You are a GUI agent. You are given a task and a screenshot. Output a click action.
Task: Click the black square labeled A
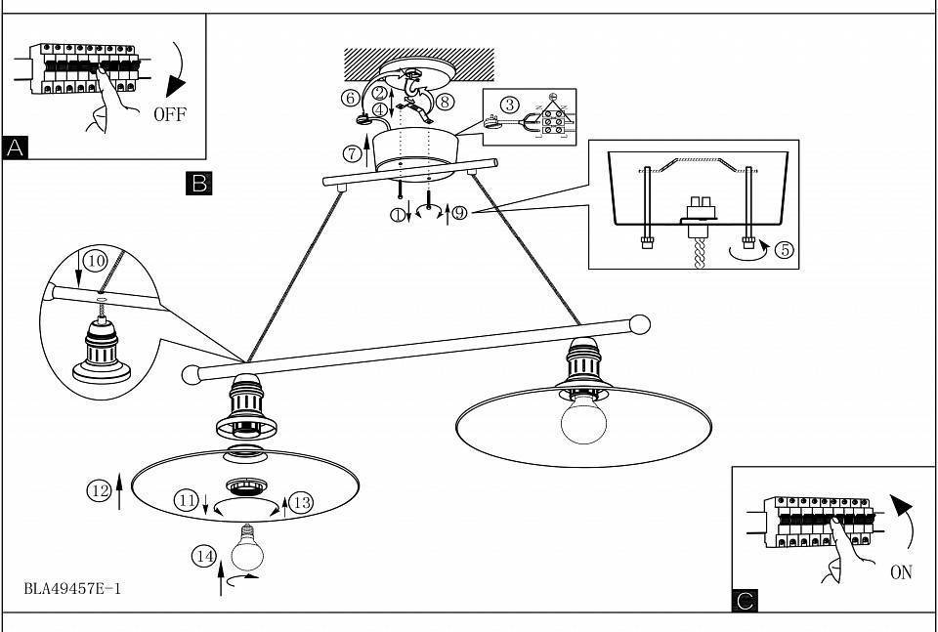15,147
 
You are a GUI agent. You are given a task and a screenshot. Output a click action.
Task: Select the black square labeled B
199,184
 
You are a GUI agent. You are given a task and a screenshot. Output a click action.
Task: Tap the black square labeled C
745,601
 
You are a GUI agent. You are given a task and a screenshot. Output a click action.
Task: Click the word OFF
170,114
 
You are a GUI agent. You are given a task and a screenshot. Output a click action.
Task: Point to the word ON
902,572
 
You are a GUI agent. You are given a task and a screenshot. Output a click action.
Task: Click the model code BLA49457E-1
72,588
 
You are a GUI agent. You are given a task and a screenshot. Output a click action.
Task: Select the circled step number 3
509,105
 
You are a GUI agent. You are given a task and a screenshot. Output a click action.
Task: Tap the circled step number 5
785,249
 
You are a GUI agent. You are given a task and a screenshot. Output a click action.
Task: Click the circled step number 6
351,98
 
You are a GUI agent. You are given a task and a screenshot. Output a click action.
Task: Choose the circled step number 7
353,153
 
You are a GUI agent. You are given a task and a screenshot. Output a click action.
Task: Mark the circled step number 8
444,102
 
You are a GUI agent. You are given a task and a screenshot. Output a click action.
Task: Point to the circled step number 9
459,213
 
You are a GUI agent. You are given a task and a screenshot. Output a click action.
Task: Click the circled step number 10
95,261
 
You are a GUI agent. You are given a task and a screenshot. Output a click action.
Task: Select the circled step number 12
100,491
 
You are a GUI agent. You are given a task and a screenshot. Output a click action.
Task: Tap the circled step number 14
204,557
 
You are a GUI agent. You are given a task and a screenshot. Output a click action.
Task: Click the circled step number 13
303,503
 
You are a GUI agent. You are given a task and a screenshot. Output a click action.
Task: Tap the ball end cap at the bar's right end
640,324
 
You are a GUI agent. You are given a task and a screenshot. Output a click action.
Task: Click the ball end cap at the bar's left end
192,375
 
